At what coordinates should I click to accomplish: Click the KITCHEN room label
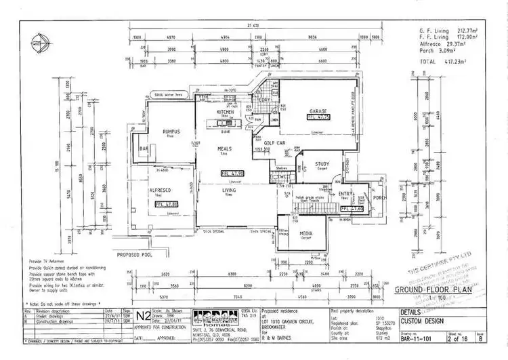coord(225,111)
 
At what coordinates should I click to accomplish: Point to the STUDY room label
coord(322,163)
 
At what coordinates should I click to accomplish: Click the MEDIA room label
coord(306,234)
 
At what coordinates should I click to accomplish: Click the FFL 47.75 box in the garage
coord(318,117)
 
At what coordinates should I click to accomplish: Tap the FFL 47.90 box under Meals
coord(232,174)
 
